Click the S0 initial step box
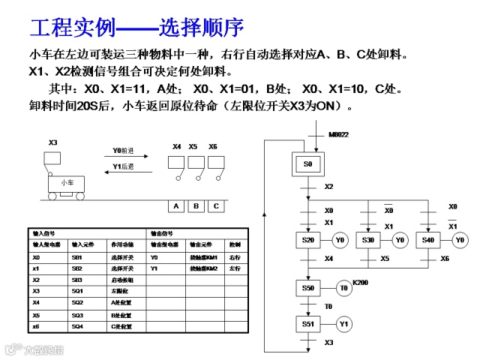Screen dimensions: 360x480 pyautogui.click(x=307, y=163)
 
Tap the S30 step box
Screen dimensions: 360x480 pyautogui.click(x=367, y=240)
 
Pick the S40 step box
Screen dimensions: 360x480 pyautogui.click(x=427, y=240)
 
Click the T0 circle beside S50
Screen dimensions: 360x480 pyautogui.click(x=344, y=287)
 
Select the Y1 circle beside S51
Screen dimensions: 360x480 pyautogui.click(x=344, y=324)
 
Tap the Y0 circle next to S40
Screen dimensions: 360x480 pyautogui.click(x=460, y=240)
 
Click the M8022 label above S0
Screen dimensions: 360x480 pyautogui.click(x=339, y=135)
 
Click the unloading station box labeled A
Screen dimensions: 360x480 pyautogui.click(x=176, y=205)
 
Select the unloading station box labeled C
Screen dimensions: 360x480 pyautogui.click(x=216, y=205)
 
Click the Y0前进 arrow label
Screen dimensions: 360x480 pyautogui.click(x=122, y=150)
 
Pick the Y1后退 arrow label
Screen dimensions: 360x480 pyautogui.click(x=122, y=166)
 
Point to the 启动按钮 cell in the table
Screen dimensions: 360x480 pyautogui.click(x=121, y=279)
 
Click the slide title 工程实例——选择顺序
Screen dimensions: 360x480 pyautogui.click(x=136, y=28)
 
